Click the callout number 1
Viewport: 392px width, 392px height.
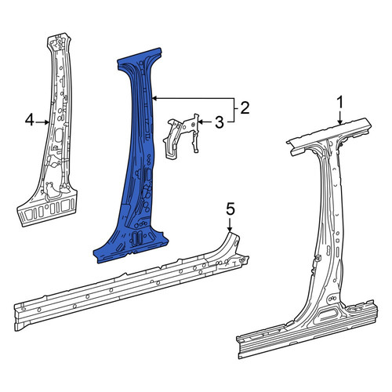339,103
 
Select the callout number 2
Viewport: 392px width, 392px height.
245,108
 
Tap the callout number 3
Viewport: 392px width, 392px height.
220,122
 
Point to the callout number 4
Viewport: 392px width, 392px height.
30,121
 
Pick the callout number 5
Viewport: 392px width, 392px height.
230,210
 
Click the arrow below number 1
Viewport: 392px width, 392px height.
339,118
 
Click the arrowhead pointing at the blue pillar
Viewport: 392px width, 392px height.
154,99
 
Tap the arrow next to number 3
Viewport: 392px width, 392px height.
206,122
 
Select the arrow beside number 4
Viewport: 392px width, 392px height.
42,122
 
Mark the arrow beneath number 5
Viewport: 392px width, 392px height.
230,225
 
